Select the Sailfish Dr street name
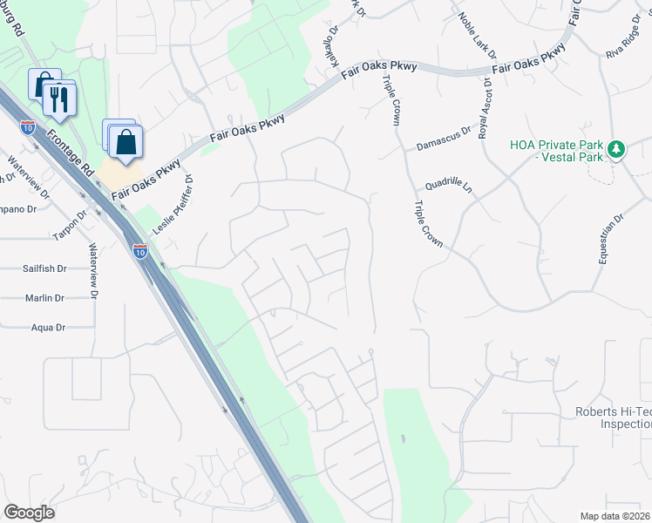point(44,269)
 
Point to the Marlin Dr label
point(45,298)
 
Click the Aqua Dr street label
point(48,328)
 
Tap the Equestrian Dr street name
point(611,241)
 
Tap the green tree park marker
point(617,149)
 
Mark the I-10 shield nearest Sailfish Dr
point(140,252)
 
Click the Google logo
point(29,513)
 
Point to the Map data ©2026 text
point(615,516)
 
